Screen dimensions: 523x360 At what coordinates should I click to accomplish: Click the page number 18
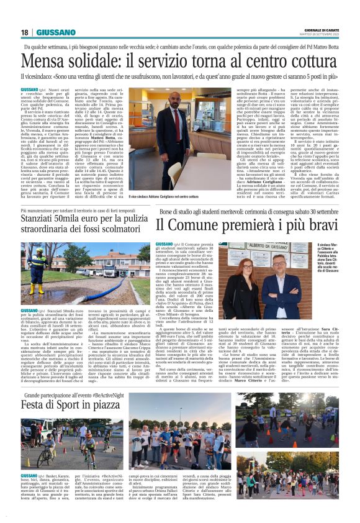click(x=25, y=32)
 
